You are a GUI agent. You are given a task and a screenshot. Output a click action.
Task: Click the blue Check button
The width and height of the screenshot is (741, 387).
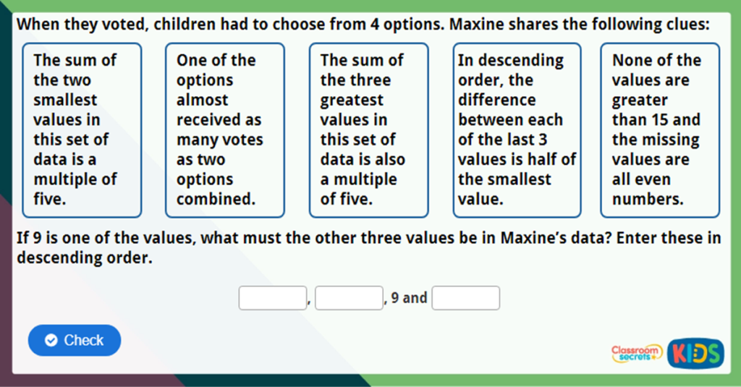pos(75,340)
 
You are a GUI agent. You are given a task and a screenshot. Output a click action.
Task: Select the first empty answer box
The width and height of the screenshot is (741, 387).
pos(272,298)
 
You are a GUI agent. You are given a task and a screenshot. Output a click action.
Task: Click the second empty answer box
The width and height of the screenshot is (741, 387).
pos(348,298)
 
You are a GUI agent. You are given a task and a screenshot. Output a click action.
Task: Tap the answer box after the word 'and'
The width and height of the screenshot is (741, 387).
pos(465,298)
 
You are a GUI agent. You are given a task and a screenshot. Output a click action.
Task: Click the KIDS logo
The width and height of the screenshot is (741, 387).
pos(696,353)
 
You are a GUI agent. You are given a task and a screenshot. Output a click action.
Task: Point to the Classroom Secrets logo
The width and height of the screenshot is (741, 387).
pos(637,353)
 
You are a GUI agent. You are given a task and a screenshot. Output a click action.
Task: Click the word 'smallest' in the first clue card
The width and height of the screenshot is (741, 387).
pos(65,100)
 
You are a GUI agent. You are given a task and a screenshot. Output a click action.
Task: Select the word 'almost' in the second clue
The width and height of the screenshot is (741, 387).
pos(202,100)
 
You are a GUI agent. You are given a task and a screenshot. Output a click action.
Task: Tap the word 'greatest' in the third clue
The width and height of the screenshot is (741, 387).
pos(352,100)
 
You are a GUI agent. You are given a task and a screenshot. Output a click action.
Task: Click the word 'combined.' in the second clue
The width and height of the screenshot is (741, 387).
pos(216,199)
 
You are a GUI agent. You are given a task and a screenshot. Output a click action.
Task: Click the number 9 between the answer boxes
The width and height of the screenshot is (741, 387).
pos(394,298)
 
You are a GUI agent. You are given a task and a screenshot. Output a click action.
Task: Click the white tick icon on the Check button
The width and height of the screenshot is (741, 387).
pos(51,340)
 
